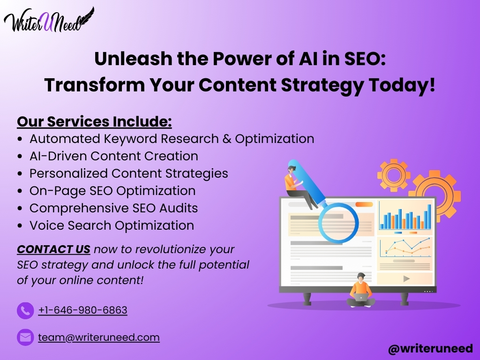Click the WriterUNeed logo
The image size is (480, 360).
[x=49, y=20]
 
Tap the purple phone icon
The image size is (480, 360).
[x=25, y=311]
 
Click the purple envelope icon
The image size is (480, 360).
[x=25, y=337]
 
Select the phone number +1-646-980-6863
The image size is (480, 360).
[x=82, y=310]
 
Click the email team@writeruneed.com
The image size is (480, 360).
[x=99, y=337]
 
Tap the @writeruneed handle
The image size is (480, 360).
[x=430, y=349]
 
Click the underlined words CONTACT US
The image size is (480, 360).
[x=53, y=249]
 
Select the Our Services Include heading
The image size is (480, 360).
[x=94, y=121]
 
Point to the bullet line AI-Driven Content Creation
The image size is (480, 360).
[x=114, y=156]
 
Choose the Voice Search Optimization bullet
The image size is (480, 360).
[x=112, y=225]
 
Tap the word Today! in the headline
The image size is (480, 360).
[x=402, y=85]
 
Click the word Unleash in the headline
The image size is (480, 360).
[x=134, y=59]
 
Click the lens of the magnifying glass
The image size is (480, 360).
[x=338, y=223]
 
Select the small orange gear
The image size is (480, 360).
[x=394, y=175]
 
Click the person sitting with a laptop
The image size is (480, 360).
[x=361, y=290]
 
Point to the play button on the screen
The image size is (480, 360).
[x=406, y=278]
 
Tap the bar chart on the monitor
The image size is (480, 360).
[x=405, y=217]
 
